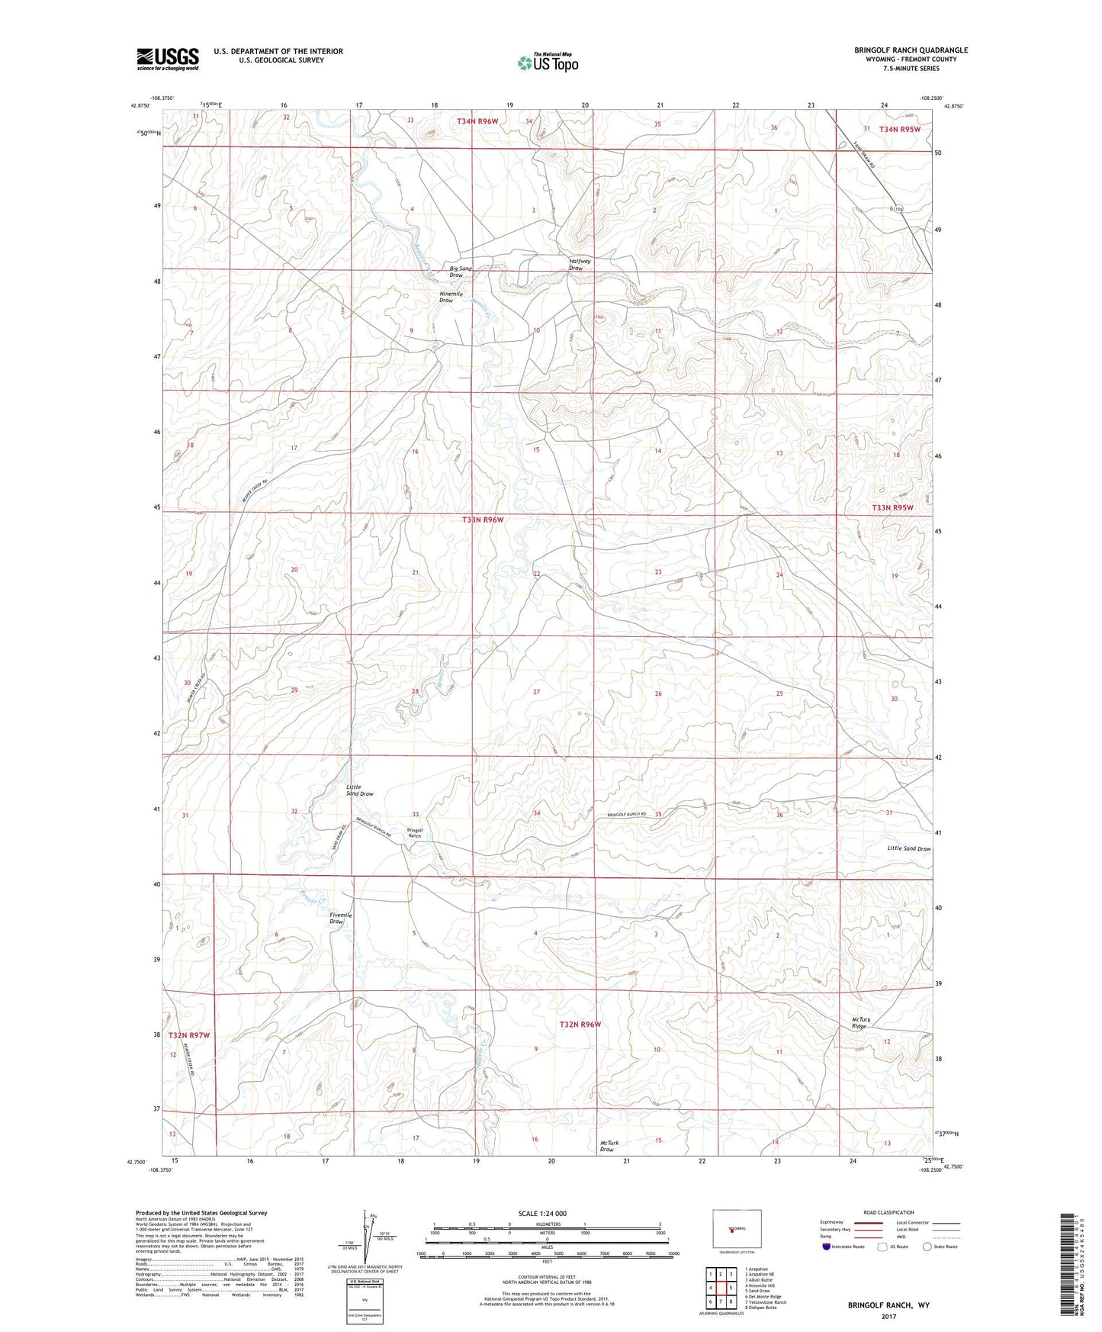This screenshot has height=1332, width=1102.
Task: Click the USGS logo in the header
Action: [x=168, y=58]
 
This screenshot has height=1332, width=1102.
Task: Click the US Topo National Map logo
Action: [x=548, y=63]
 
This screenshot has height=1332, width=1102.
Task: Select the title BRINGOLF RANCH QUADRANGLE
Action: [x=911, y=50]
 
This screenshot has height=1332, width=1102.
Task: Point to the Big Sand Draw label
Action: [x=461, y=272]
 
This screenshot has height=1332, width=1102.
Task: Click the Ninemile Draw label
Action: [x=451, y=297]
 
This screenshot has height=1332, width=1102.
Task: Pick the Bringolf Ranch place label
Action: [x=414, y=833]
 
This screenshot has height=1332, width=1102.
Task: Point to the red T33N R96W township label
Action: [x=483, y=520]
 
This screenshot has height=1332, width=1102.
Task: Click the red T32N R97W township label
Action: [x=188, y=1035]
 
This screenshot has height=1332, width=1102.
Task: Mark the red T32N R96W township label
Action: [x=580, y=1025]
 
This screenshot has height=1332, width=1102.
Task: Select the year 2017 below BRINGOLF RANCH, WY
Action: [x=888, y=1316]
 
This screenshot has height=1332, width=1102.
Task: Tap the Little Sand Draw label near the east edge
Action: [x=908, y=848]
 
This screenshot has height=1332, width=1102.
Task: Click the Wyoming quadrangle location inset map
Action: [x=735, y=1229]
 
